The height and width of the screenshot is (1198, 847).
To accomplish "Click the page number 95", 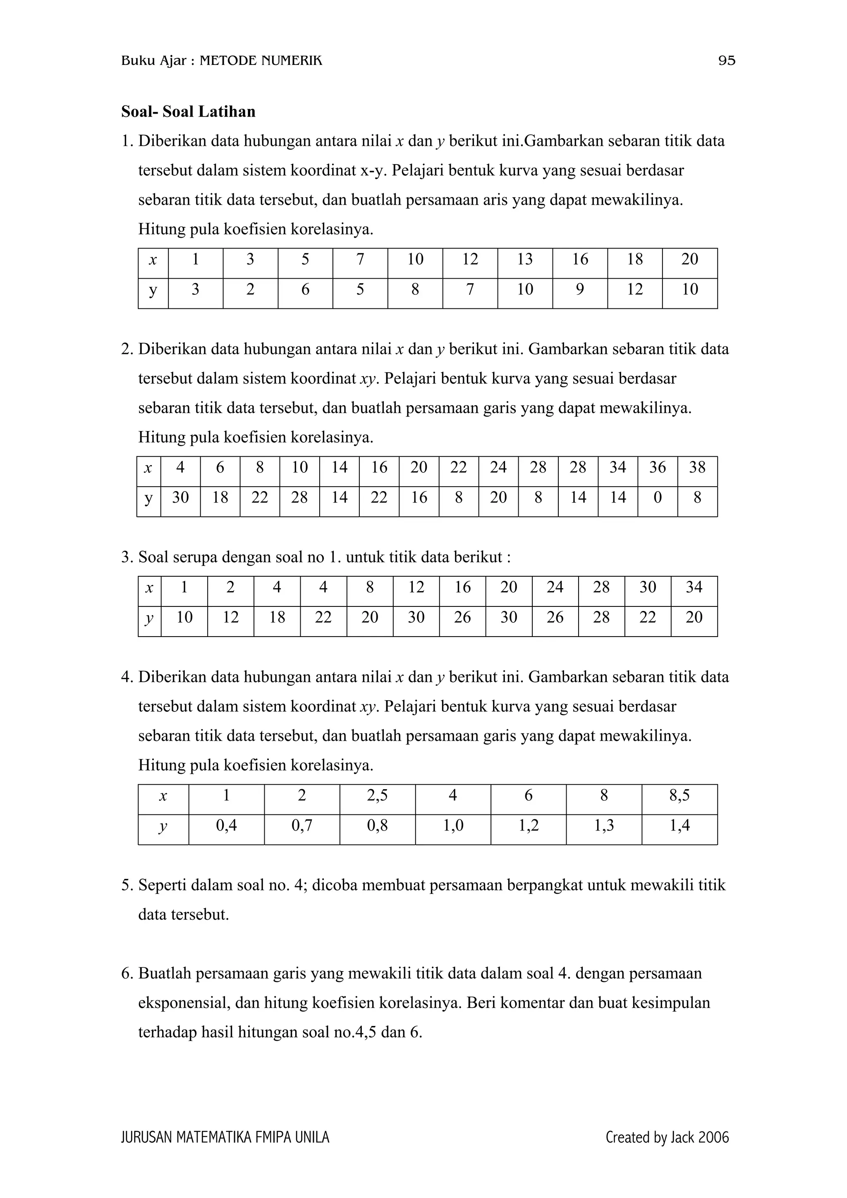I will tap(727, 61).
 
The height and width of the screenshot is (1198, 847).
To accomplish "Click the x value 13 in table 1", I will tap(524, 259).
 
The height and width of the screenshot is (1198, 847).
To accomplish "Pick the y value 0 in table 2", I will tap(657, 497).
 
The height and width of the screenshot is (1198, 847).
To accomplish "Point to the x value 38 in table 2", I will tap(697, 468).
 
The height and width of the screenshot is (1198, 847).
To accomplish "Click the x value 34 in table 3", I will tap(694, 587).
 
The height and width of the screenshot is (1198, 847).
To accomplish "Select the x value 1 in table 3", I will tap(184, 587).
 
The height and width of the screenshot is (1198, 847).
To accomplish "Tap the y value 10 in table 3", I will tap(184, 618).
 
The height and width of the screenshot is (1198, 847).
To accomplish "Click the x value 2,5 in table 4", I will tap(377, 796).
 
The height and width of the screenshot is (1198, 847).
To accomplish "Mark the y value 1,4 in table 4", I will tap(679, 826).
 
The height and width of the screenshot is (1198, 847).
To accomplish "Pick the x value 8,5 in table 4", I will tap(679, 796).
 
